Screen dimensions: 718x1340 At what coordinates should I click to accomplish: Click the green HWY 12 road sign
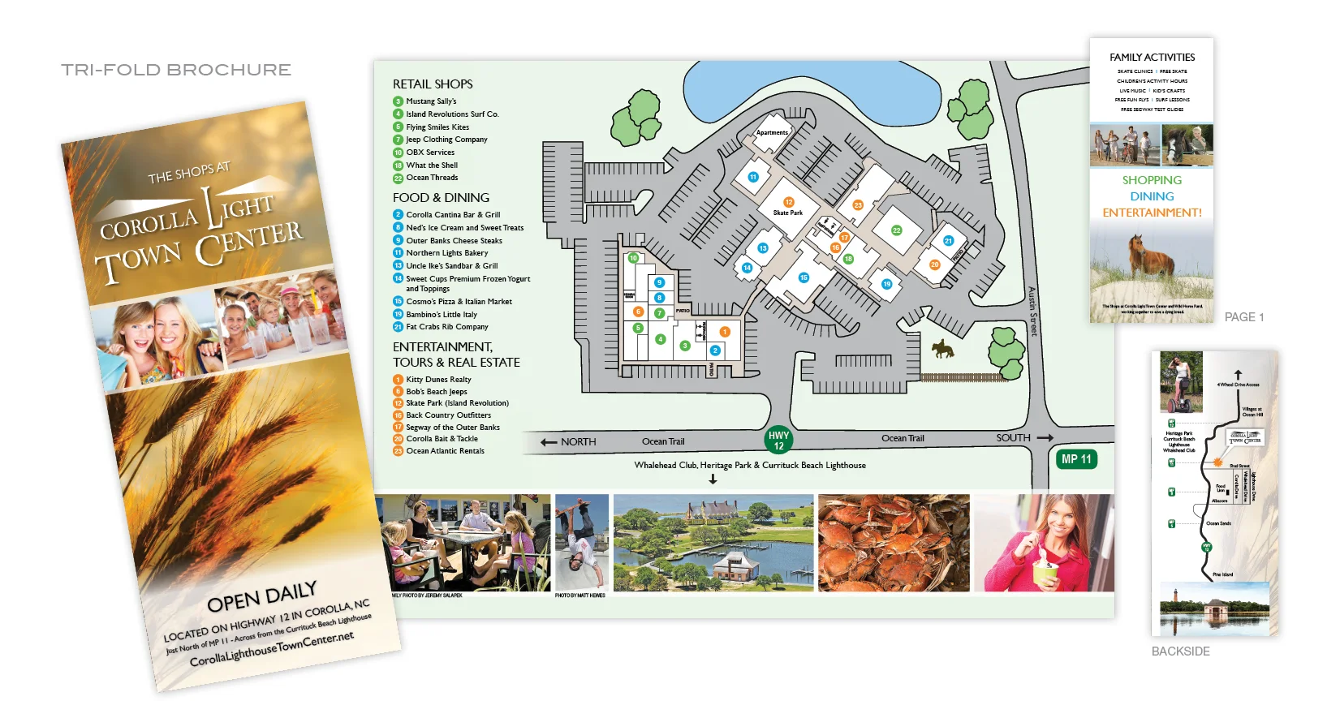pos(778,440)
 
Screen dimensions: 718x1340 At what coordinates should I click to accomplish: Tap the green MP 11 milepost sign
pos(1076,459)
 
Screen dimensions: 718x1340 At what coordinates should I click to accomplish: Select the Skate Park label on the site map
pos(787,213)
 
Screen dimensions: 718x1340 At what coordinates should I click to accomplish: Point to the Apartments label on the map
pos(772,132)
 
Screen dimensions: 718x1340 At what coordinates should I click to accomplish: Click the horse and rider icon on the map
pos(942,350)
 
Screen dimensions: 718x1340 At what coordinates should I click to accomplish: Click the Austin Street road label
pos(1032,312)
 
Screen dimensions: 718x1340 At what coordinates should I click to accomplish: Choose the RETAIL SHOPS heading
pos(433,84)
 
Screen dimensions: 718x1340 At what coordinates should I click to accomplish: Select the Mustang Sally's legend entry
pos(431,101)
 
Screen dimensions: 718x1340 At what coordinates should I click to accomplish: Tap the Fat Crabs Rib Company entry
pos(446,327)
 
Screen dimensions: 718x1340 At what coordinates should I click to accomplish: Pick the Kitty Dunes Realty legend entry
pos(438,380)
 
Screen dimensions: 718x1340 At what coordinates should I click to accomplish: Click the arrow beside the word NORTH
pos(549,442)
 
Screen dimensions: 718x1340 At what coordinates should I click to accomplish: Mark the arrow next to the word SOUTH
pos(1045,438)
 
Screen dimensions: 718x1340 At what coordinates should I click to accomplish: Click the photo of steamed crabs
pos(894,543)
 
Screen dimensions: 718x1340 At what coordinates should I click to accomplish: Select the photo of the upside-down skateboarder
pos(581,542)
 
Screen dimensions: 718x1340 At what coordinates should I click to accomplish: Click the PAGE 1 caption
pos(1243,317)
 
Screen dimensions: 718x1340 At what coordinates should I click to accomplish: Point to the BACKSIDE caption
pos(1180,651)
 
